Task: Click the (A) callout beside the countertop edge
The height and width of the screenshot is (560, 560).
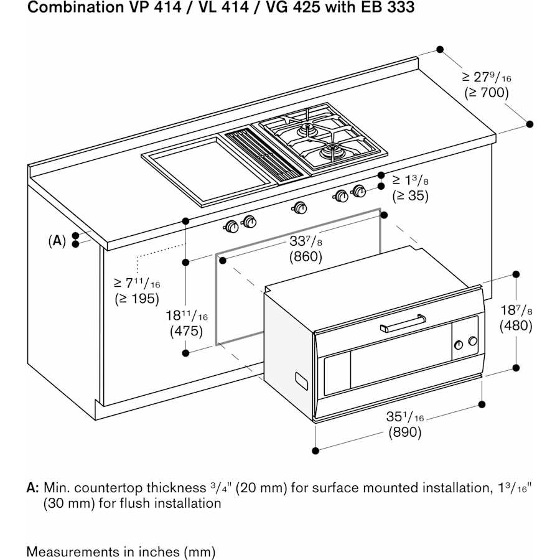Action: click(x=57, y=240)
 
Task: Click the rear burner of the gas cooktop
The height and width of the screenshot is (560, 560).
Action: click(x=307, y=129)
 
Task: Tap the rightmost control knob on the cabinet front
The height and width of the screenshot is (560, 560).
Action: click(x=359, y=191)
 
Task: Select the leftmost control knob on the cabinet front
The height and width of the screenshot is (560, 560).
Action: click(x=231, y=226)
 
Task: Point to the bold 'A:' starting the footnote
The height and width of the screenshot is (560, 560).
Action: click(x=33, y=488)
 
